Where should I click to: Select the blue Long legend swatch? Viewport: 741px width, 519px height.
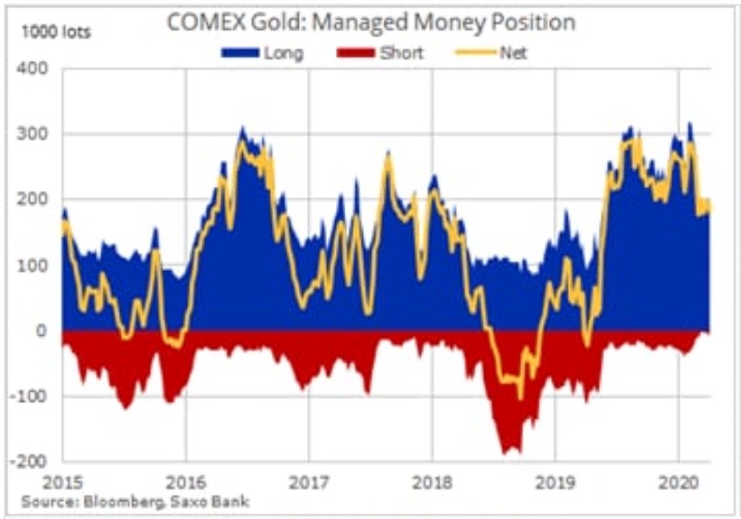click(x=241, y=53)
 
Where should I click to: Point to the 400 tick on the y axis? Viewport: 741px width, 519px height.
click(x=36, y=70)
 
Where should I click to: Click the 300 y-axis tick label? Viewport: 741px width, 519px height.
click(x=36, y=135)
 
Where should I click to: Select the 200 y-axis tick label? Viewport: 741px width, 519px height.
click(x=36, y=200)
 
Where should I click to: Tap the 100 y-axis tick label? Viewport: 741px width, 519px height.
click(x=36, y=266)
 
